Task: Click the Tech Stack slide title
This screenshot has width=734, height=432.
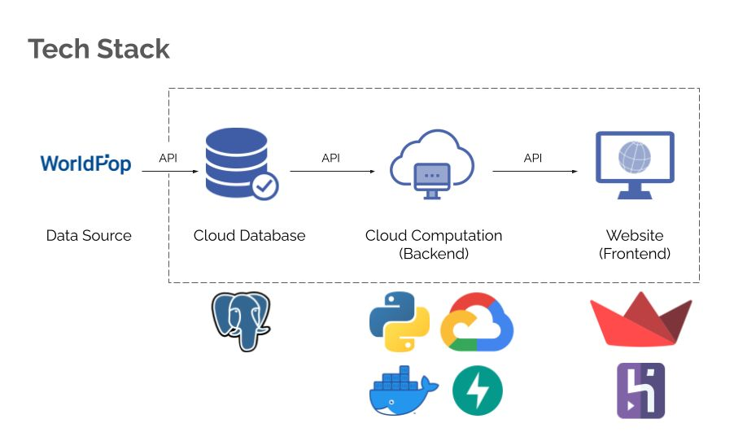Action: tap(98, 49)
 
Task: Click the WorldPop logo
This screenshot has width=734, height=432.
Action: tap(85, 164)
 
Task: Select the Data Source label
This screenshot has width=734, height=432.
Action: tap(89, 236)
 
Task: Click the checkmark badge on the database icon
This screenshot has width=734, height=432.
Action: tap(264, 186)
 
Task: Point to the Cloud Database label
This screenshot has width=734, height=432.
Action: tap(249, 236)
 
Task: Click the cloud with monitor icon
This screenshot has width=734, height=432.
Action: tap(431, 164)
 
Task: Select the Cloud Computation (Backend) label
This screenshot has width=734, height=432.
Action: tap(434, 244)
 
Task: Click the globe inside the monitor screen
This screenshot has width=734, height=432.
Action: tap(635, 156)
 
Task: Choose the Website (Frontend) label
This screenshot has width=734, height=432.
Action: tap(635, 244)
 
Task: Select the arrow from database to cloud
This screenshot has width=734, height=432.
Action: tap(332, 172)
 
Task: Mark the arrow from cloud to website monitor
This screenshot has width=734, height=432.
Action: tap(535, 172)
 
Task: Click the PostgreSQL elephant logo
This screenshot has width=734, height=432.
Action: tap(241, 321)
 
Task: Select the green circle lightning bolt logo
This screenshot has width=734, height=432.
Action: tap(478, 391)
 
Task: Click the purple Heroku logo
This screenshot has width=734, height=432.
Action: tap(640, 391)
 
